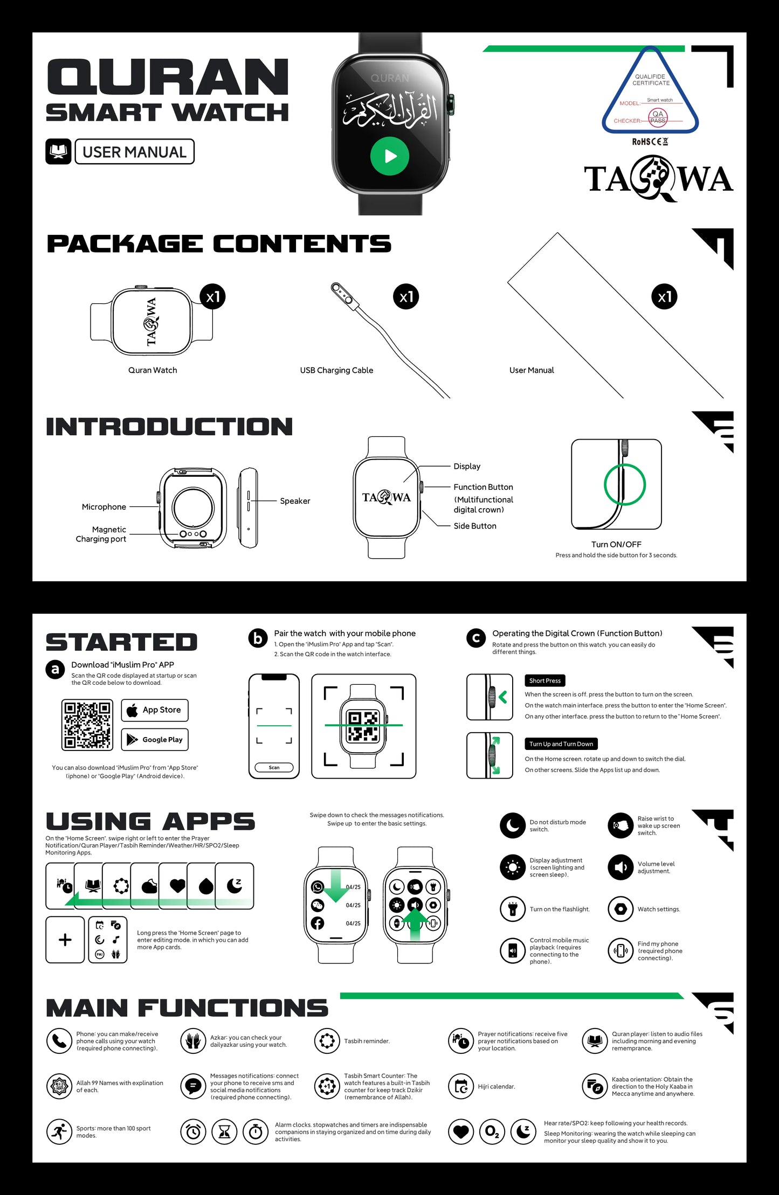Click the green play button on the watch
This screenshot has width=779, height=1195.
tap(390, 156)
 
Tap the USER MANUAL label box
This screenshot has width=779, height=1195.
tap(134, 152)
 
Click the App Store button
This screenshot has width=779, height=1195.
tap(155, 710)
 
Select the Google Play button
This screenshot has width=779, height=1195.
tap(155, 740)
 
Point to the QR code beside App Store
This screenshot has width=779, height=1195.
tap(87, 725)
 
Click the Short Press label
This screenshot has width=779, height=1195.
tap(545, 680)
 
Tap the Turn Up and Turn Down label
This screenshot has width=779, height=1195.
tap(561, 744)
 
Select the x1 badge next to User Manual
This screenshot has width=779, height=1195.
tap(665, 297)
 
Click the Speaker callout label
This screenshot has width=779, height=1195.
tap(295, 501)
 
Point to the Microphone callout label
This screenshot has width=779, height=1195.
tap(104, 507)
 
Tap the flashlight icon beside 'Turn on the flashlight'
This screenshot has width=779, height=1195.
tap(513, 909)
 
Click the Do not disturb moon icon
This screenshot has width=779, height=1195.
tap(513, 826)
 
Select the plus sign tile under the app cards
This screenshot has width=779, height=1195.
tap(65, 940)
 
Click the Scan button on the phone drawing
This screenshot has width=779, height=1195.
tap(274, 767)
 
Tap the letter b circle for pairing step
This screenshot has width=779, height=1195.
tap(258, 638)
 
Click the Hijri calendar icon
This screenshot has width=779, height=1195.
tap(461, 1087)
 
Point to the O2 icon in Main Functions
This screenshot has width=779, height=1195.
tap(492, 1132)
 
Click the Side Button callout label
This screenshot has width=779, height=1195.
tap(475, 526)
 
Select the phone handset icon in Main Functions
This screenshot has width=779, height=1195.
tap(59, 1041)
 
